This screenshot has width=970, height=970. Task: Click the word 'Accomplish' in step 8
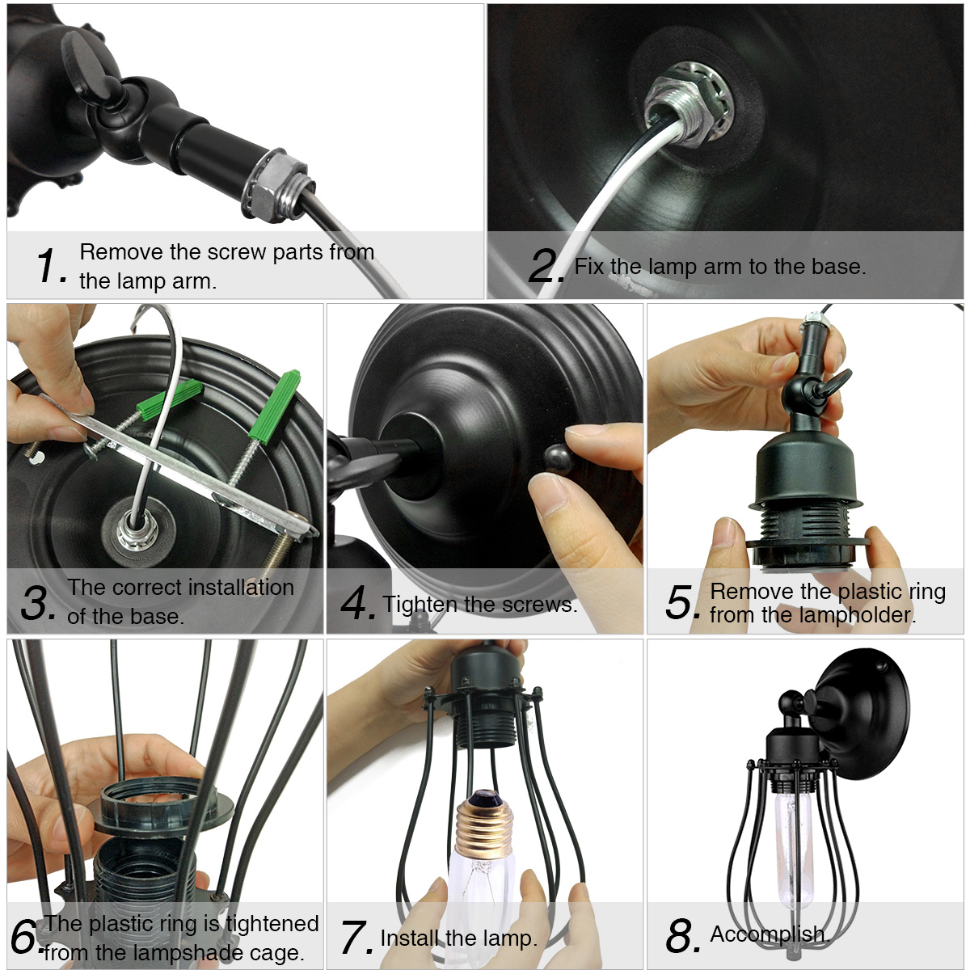coord(769,934)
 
